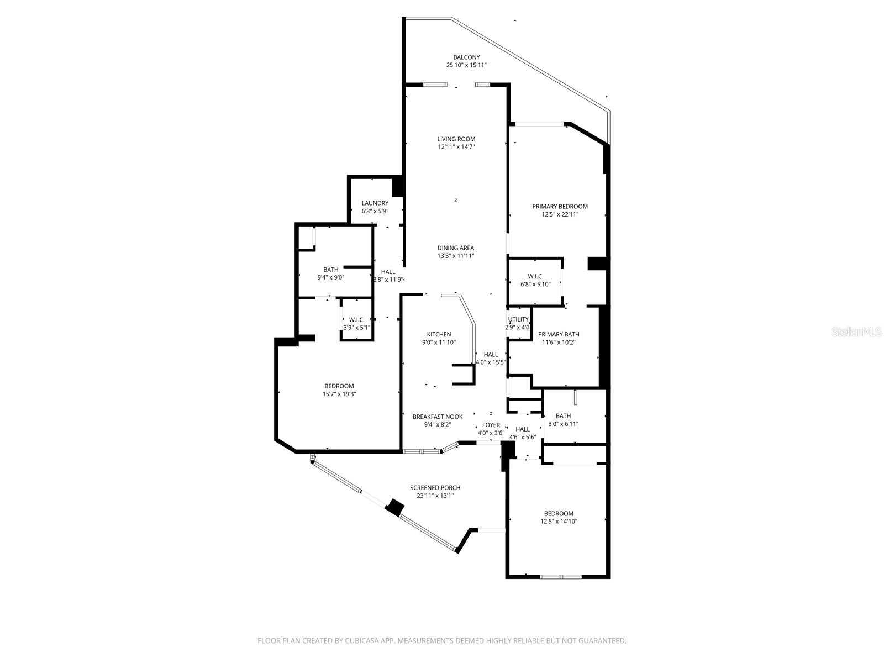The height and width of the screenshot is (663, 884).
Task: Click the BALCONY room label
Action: (x=466, y=57)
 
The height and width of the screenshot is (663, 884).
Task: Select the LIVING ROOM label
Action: (x=456, y=139)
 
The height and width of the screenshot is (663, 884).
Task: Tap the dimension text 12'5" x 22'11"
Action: (x=560, y=214)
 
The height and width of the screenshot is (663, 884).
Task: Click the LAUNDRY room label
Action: (x=375, y=203)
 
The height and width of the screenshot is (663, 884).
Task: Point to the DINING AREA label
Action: (x=456, y=248)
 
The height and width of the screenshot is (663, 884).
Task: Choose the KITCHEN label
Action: (x=439, y=334)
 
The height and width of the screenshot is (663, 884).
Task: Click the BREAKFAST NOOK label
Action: (x=438, y=417)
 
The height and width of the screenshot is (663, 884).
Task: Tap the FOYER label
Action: (x=491, y=425)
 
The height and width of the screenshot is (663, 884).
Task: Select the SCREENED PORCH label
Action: (x=435, y=488)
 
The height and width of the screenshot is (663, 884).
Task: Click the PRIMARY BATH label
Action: (x=559, y=334)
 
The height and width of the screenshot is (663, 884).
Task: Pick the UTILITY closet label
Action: (x=518, y=319)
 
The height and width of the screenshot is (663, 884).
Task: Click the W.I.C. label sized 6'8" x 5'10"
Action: (x=535, y=276)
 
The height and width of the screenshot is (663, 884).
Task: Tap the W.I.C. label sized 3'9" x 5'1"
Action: (x=356, y=319)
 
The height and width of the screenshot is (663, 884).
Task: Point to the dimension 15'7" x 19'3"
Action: (x=339, y=394)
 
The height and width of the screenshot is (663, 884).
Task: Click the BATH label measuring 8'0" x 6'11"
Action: (x=563, y=416)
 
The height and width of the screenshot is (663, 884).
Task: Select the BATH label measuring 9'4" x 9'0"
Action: (x=331, y=270)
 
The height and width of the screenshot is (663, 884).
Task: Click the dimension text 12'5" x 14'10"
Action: (x=559, y=521)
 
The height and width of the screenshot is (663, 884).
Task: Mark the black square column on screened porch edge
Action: (x=395, y=507)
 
